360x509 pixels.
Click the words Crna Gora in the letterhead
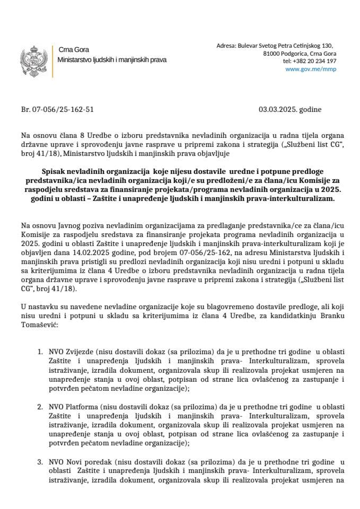click(69, 50)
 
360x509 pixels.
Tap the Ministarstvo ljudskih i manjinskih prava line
click(112, 60)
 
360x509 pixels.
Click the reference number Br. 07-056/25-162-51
click(57, 110)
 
